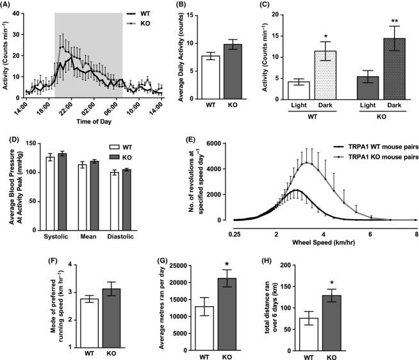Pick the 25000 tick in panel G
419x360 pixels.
(x=178, y=265)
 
